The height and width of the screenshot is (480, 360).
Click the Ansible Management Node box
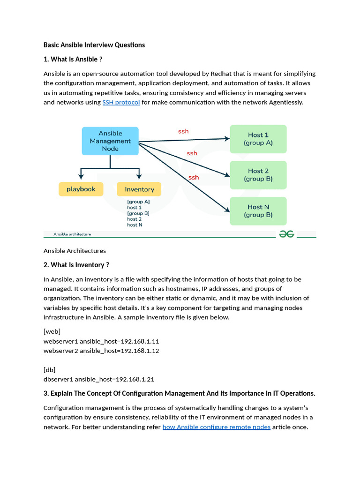[x=110, y=141]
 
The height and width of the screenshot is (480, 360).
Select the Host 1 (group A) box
[x=258, y=139]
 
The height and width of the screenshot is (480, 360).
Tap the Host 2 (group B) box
[x=258, y=175]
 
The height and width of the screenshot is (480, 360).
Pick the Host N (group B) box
[x=258, y=211]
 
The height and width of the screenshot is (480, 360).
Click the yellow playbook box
[x=81, y=189]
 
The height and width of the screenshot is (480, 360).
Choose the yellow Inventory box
[x=139, y=189]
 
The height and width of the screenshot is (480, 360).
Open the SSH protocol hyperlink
[x=121, y=102]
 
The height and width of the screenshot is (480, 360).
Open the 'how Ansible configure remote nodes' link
[x=216, y=427]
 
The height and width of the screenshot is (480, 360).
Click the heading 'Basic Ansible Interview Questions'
[x=94, y=45]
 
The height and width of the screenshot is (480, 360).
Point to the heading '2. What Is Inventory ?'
[x=76, y=265]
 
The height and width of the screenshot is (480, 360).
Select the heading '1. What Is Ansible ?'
[x=73, y=60]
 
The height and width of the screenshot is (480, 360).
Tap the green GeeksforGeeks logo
[x=286, y=234]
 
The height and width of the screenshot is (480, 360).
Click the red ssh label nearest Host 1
[x=183, y=131]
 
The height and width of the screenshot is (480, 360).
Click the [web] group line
[x=52, y=331]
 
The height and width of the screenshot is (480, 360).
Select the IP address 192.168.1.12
[x=140, y=351]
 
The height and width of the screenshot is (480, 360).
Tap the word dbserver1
[x=58, y=379]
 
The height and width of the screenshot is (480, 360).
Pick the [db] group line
[x=50, y=370]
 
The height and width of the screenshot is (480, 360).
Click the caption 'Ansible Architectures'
[x=75, y=251]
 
